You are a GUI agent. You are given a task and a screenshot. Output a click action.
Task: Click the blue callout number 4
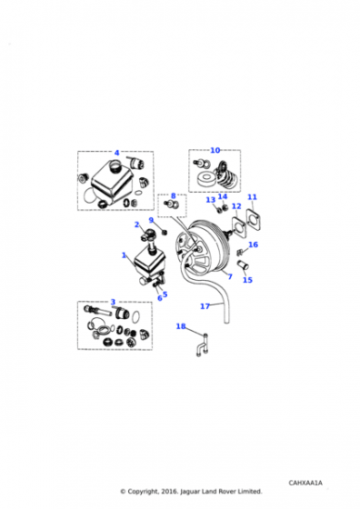(x=117, y=153)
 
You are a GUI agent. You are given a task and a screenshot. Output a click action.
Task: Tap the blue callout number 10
(x=215, y=150)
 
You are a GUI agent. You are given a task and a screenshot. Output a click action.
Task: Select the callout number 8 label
(x=173, y=195)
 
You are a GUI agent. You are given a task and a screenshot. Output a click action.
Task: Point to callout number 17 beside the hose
(x=205, y=306)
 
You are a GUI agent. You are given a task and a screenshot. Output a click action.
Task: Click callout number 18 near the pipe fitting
(x=181, y=326)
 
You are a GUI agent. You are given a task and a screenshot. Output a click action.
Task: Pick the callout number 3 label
(x=113, y=302)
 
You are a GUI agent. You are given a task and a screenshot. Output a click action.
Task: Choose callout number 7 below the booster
(x=230, y=276)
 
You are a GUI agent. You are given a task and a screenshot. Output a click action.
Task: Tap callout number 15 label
(x=247, y=280)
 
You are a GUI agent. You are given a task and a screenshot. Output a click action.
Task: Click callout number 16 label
(x=254, y=245)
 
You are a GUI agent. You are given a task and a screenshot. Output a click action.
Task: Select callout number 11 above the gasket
(x=252, y=197)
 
